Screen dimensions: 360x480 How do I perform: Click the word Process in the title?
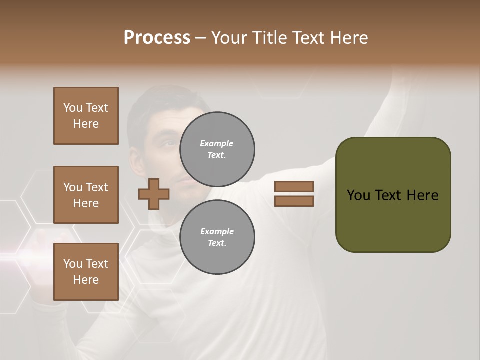point(157,38)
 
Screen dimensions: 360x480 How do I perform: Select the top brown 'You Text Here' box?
point(86,116)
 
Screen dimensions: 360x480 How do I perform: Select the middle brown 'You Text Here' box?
point(86,195)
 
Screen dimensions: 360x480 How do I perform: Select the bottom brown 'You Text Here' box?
point(86,271)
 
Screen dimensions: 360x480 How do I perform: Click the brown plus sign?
point(154,194)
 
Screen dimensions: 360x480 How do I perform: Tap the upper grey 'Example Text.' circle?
point(217,149)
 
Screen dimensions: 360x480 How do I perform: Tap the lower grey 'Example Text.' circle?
point(217,237)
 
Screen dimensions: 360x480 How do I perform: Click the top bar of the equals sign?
point(294,186)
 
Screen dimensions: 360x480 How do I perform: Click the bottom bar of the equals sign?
point(294,201)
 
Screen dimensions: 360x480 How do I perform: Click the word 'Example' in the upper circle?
point(216,143)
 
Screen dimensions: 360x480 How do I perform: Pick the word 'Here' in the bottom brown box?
point(86,280)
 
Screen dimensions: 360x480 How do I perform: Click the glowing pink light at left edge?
point(20,250)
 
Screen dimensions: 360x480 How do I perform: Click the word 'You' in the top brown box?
point(73,108)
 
